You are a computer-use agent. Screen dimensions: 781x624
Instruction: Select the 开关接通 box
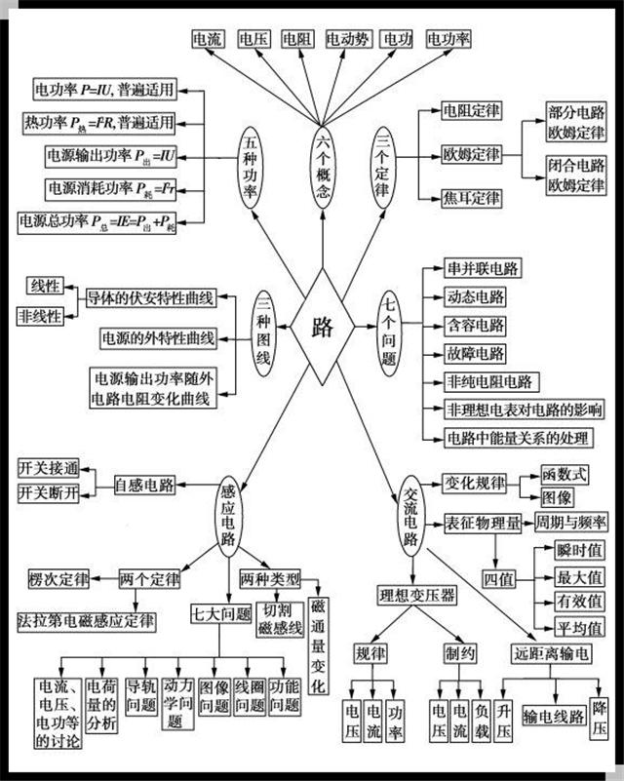coord(47,469)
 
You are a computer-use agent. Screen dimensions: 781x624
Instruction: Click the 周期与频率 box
coord(572,524)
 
